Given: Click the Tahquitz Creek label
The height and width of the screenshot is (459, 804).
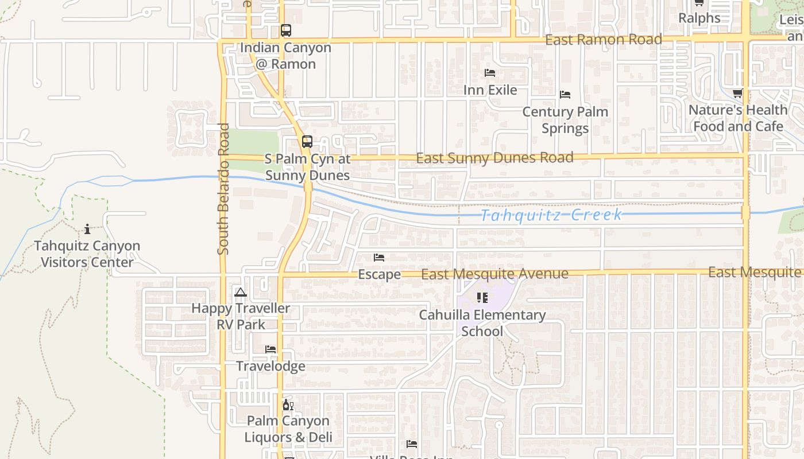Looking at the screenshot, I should point(551,215).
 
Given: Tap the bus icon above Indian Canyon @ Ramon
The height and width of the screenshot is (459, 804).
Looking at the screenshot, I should point(286,30).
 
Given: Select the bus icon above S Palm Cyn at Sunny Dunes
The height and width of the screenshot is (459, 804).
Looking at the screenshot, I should point(307,141).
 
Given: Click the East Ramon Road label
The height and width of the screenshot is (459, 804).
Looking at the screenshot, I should point(604,40).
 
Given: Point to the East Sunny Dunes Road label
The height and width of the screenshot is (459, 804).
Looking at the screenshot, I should point(494,158).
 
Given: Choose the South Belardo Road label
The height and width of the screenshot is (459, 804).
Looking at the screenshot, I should point(223,189).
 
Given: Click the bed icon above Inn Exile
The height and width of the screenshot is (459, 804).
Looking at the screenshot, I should point(490,73).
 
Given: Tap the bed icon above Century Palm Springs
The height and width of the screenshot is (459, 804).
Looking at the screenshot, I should point(565,95).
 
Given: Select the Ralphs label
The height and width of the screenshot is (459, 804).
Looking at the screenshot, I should point(699,18).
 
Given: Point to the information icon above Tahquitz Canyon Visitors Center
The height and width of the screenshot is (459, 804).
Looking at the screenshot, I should point(87,229).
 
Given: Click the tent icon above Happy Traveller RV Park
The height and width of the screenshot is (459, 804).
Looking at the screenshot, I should point(241,292).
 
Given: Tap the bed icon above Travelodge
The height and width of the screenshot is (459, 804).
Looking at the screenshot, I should point(270,349).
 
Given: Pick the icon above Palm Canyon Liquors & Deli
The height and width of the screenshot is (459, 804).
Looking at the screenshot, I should point(288,405).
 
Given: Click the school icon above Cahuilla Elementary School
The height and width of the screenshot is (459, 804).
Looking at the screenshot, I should point(482,298).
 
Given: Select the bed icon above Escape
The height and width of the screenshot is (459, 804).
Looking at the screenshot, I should point(379,258).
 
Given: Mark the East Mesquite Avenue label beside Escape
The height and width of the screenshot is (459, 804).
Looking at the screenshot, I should point(494,274).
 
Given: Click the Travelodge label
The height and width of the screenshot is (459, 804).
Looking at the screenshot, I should point(270,366).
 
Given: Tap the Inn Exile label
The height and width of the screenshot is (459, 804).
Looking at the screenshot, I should point(490,90).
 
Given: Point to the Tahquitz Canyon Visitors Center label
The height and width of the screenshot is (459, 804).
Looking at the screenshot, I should point(87,254).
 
